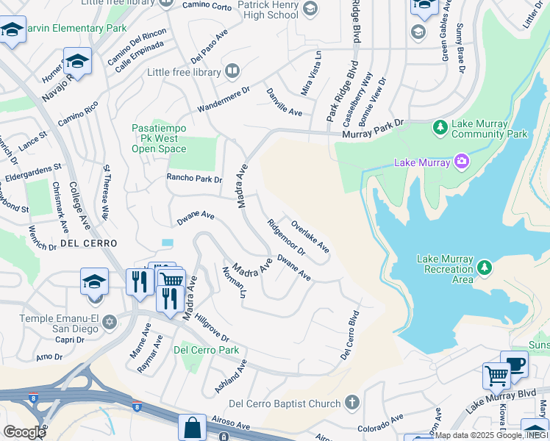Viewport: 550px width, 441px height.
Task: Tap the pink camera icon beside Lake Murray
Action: tap(461, 161)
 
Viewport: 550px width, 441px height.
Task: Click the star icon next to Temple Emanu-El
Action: tap(110, 322)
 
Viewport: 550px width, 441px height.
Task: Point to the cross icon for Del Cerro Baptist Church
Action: tap(352, 403)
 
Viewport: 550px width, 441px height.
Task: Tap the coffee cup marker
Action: tap(515, 363)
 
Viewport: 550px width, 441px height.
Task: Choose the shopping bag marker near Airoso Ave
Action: tap(192, 427)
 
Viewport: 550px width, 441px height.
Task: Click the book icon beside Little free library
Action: tap(232, 71)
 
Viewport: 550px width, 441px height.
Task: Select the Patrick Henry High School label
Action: tap(257, 10)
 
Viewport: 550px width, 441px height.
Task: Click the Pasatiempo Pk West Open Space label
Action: tap(159, 138)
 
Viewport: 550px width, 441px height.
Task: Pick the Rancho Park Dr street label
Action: tap(194, 179)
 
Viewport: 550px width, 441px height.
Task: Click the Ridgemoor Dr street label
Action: tap(286, 237)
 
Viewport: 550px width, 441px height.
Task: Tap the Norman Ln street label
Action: tap(233, 283)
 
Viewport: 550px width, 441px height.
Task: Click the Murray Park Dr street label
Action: tap(374, 129)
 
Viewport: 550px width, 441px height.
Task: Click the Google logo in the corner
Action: tap(24, 431)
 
